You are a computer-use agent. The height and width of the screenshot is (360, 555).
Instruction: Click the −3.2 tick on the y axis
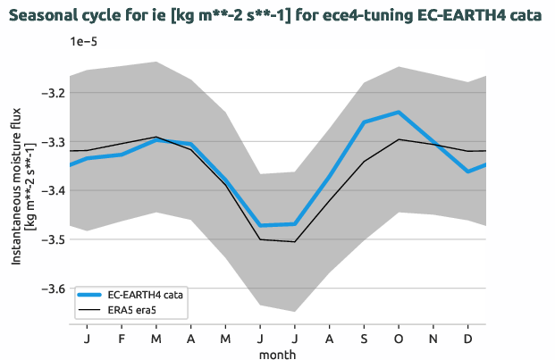click(52, 93)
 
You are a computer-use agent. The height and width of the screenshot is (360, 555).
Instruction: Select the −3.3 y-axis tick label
click(52, 142)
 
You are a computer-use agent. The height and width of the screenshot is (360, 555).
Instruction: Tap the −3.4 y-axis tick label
click(52, 191)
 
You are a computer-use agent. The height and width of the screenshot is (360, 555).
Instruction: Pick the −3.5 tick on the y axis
click(52, 239)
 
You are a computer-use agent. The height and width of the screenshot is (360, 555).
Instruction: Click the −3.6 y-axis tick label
click(52, 289)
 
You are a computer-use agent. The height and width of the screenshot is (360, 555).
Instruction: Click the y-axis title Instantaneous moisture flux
click(17, 190)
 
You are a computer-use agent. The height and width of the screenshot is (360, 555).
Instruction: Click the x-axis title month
click(277, 353)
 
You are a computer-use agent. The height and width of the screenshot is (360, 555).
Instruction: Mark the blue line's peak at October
click(399, 113)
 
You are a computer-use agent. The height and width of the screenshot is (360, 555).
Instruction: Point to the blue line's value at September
click(364, 121)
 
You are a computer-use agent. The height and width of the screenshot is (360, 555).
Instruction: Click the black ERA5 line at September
click(364, 161)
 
